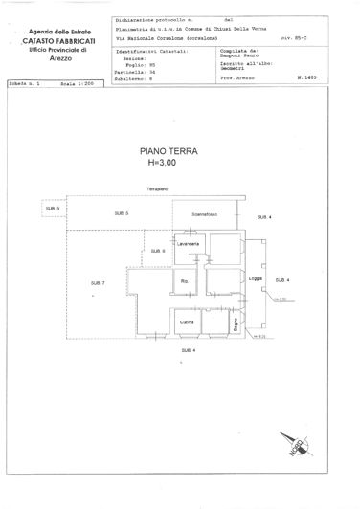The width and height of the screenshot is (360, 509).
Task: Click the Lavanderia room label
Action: point(187,245)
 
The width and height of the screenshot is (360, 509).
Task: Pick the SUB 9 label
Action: point(157,251)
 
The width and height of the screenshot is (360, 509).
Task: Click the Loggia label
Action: point(255,278)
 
